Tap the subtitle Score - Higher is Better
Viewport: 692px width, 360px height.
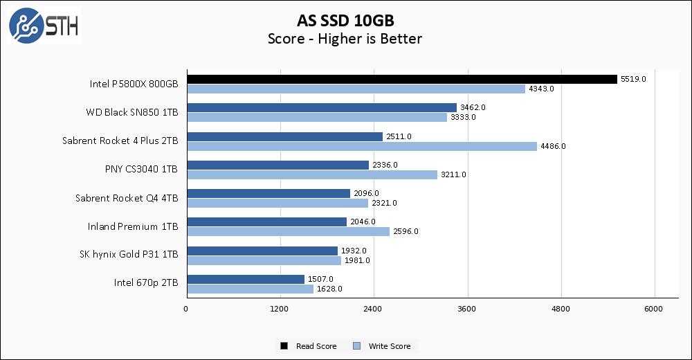pos(345,39)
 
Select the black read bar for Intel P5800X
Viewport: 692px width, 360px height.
pos(401,79)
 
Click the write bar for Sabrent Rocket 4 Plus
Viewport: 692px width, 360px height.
pos(361,146)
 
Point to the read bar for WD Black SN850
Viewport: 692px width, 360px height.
pos(321,107)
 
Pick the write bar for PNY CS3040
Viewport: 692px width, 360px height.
pos(311,174)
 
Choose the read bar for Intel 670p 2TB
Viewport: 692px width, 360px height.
pos(245,279)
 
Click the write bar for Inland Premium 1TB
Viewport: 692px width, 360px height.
pos(287,231)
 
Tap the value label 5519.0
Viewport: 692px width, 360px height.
pos(633,79)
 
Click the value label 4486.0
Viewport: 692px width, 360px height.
pos(553,146)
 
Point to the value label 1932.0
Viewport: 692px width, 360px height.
pos(354,251)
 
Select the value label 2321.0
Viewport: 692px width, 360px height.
pos(384,203)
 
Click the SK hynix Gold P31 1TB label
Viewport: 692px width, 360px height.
pos(129,255)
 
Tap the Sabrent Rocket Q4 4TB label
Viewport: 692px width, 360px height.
pos(127,198)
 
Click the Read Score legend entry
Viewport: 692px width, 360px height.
pos(309,346)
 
